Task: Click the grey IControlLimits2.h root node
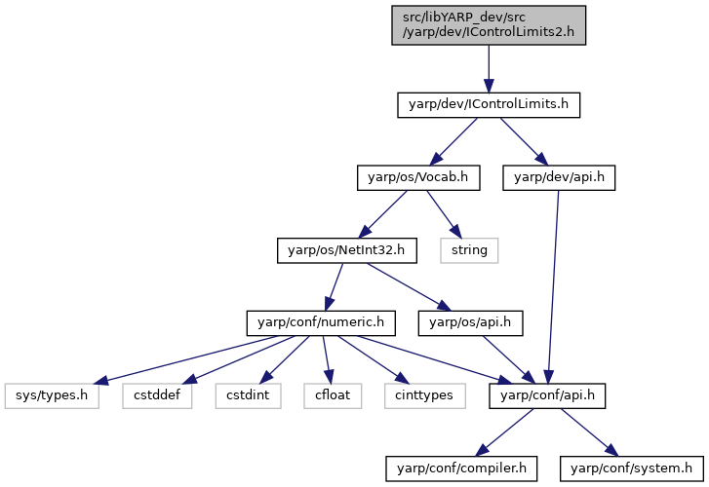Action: point(489,25)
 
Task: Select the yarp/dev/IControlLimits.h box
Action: point(489,105)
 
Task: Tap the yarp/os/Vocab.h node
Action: point(418,178)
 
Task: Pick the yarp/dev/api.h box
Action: point(559,178)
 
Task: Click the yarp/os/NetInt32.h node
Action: point(347,250)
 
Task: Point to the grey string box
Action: point(469,250)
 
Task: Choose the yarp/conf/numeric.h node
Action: point(321,323)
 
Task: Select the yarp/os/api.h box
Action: point(470,323)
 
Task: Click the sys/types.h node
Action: point(52,396)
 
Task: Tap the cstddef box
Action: point(157,396)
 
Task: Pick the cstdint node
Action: point(249,396)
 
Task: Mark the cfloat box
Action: point(333,396)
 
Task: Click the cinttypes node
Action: point(424,396)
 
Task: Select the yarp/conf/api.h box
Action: point(547,396)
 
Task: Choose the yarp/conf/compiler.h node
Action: point(461,468)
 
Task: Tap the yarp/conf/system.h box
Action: point(632,468)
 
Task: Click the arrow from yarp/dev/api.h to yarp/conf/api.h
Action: point(553,287)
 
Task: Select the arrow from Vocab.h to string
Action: point(444,214)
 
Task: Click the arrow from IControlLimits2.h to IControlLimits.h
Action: point(489,69)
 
